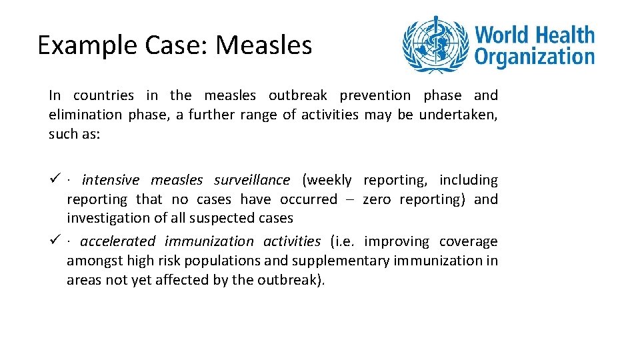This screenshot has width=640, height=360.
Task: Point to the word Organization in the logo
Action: [x=534, y=56]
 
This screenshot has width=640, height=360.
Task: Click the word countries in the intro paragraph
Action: [x=103, y=95]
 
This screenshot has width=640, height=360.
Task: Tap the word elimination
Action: [x=85, y=115]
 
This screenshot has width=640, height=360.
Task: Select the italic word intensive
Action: [x=111, y=180]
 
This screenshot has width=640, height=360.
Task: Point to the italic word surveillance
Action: [x=252, y=180]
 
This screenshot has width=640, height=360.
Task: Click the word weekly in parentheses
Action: [x=327, y=180]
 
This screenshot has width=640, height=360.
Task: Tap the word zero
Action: [x=377, y=199]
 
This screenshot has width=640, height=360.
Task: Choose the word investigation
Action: [x=105, y=218]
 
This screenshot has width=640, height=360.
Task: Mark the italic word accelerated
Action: [x=118, y=241]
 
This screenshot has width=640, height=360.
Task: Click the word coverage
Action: [x=468, y=241]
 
